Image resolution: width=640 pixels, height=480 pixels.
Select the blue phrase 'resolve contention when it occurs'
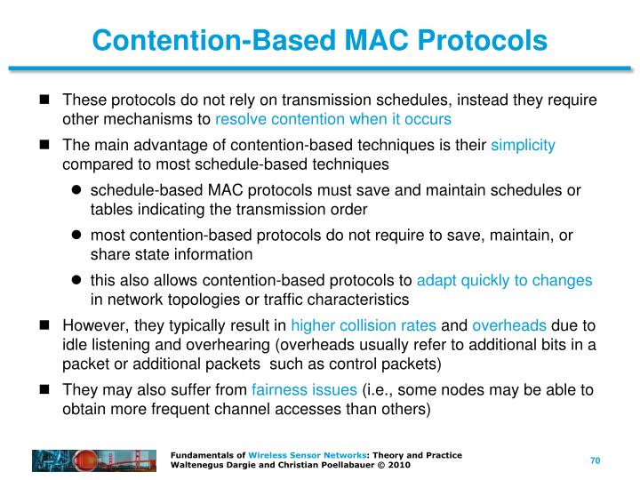click(333, 118)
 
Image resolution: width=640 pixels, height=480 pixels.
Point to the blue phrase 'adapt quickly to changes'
click(504, 280)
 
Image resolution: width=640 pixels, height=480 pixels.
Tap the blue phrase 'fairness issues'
click(305, 389)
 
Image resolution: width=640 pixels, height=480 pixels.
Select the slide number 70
click(596, 460)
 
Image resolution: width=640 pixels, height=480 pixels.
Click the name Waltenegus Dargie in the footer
click(210, 465)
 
